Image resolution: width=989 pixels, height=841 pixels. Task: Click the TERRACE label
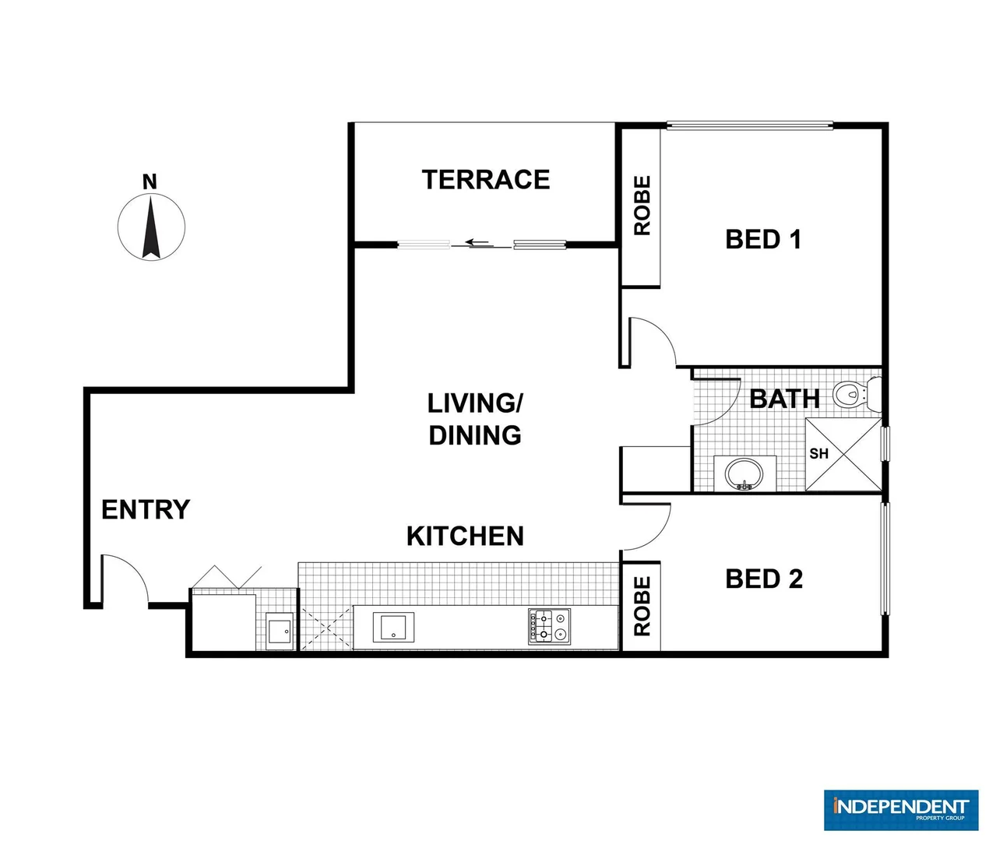click(486, 180)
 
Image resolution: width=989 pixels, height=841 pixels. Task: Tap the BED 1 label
click(763, 239)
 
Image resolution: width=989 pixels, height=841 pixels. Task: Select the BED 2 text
click(763, 579)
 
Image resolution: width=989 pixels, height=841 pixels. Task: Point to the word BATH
click(784, 399)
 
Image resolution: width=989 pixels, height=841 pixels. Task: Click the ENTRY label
click(146, 509)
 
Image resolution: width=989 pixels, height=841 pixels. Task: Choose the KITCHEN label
click(465, 536)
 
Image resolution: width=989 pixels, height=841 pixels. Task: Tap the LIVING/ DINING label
click(475, 419)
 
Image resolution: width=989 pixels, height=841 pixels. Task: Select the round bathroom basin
click(744, 473)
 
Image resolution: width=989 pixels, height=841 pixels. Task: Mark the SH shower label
click(818, 453)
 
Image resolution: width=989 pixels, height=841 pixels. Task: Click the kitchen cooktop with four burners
click(550, 626)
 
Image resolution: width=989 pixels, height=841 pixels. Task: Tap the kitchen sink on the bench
click(393, 626)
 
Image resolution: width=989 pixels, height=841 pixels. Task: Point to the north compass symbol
click(151, 227)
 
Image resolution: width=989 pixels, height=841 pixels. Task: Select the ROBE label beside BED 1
click(642, 206)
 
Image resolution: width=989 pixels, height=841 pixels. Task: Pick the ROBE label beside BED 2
click(642, 606)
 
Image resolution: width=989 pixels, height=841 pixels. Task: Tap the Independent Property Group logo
click(900, 809)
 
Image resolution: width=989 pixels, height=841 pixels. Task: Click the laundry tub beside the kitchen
click(279, 630)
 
